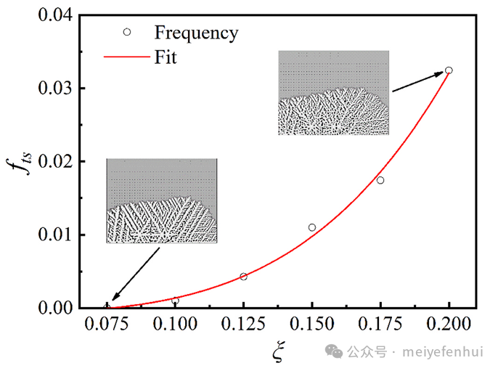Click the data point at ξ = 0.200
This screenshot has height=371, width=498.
[449, 70]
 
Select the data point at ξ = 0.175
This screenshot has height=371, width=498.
[380, 180]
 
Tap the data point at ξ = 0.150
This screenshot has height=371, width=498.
[312, 227]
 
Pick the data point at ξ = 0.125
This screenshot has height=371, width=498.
[243, 277]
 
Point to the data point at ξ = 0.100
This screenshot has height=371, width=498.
[175, 301]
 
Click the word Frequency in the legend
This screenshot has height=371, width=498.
[195, 32]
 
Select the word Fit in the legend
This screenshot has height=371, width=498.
[166, 57]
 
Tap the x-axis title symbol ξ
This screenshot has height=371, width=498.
[277, 351]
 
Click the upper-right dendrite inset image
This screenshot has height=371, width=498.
[333, 93]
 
